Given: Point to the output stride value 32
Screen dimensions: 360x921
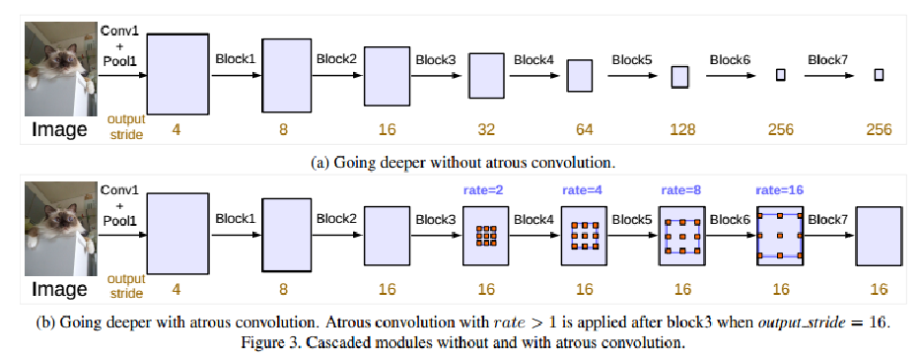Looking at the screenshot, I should [484, 129].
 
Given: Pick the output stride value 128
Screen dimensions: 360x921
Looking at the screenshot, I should [680, 129].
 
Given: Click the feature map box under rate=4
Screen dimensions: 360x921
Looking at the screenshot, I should [583, 237].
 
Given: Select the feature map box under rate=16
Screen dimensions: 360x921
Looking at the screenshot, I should [781, 237].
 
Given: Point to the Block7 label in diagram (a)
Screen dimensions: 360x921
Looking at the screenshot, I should [827, 59].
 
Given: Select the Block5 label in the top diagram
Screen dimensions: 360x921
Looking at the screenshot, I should [631, 59].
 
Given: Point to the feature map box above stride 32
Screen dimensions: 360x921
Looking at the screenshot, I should [484, 76].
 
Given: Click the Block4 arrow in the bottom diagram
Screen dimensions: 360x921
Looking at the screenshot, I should [532, 237].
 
